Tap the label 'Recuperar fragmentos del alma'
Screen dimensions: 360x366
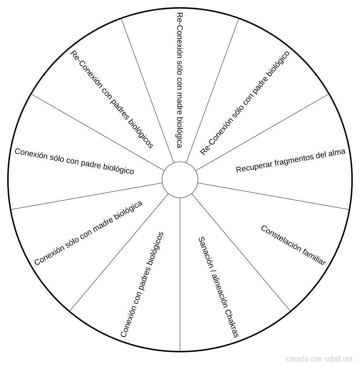tap(291, 161)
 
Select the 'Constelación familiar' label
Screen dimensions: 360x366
tap(293, 245)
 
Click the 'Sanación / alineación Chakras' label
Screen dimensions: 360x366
tap(218, 287)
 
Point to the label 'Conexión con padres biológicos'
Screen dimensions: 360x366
tap(142, 284)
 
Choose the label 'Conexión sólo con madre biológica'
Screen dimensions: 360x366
tap(88, 233)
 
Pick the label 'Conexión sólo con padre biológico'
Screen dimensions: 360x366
tap(74, 161)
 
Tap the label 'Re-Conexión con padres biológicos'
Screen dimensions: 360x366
tap(112, 99)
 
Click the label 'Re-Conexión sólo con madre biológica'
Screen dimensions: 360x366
tap(179, 80)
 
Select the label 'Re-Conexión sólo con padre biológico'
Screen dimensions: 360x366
tap(245, 103)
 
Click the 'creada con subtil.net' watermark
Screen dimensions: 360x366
tap(319, 358)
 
